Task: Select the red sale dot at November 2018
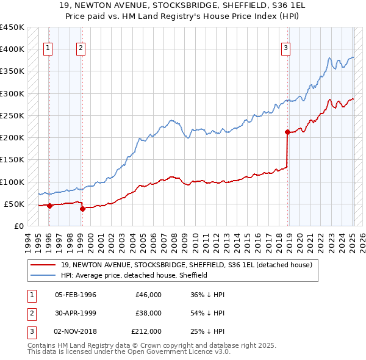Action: (287, 132)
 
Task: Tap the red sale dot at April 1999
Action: (82, 209)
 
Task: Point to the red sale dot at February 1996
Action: (49, 206)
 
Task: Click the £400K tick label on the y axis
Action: (12, 49)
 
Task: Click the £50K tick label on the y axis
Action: (14, 204)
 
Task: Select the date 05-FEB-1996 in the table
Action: (76, 295)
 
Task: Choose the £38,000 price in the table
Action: (148, 313)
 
